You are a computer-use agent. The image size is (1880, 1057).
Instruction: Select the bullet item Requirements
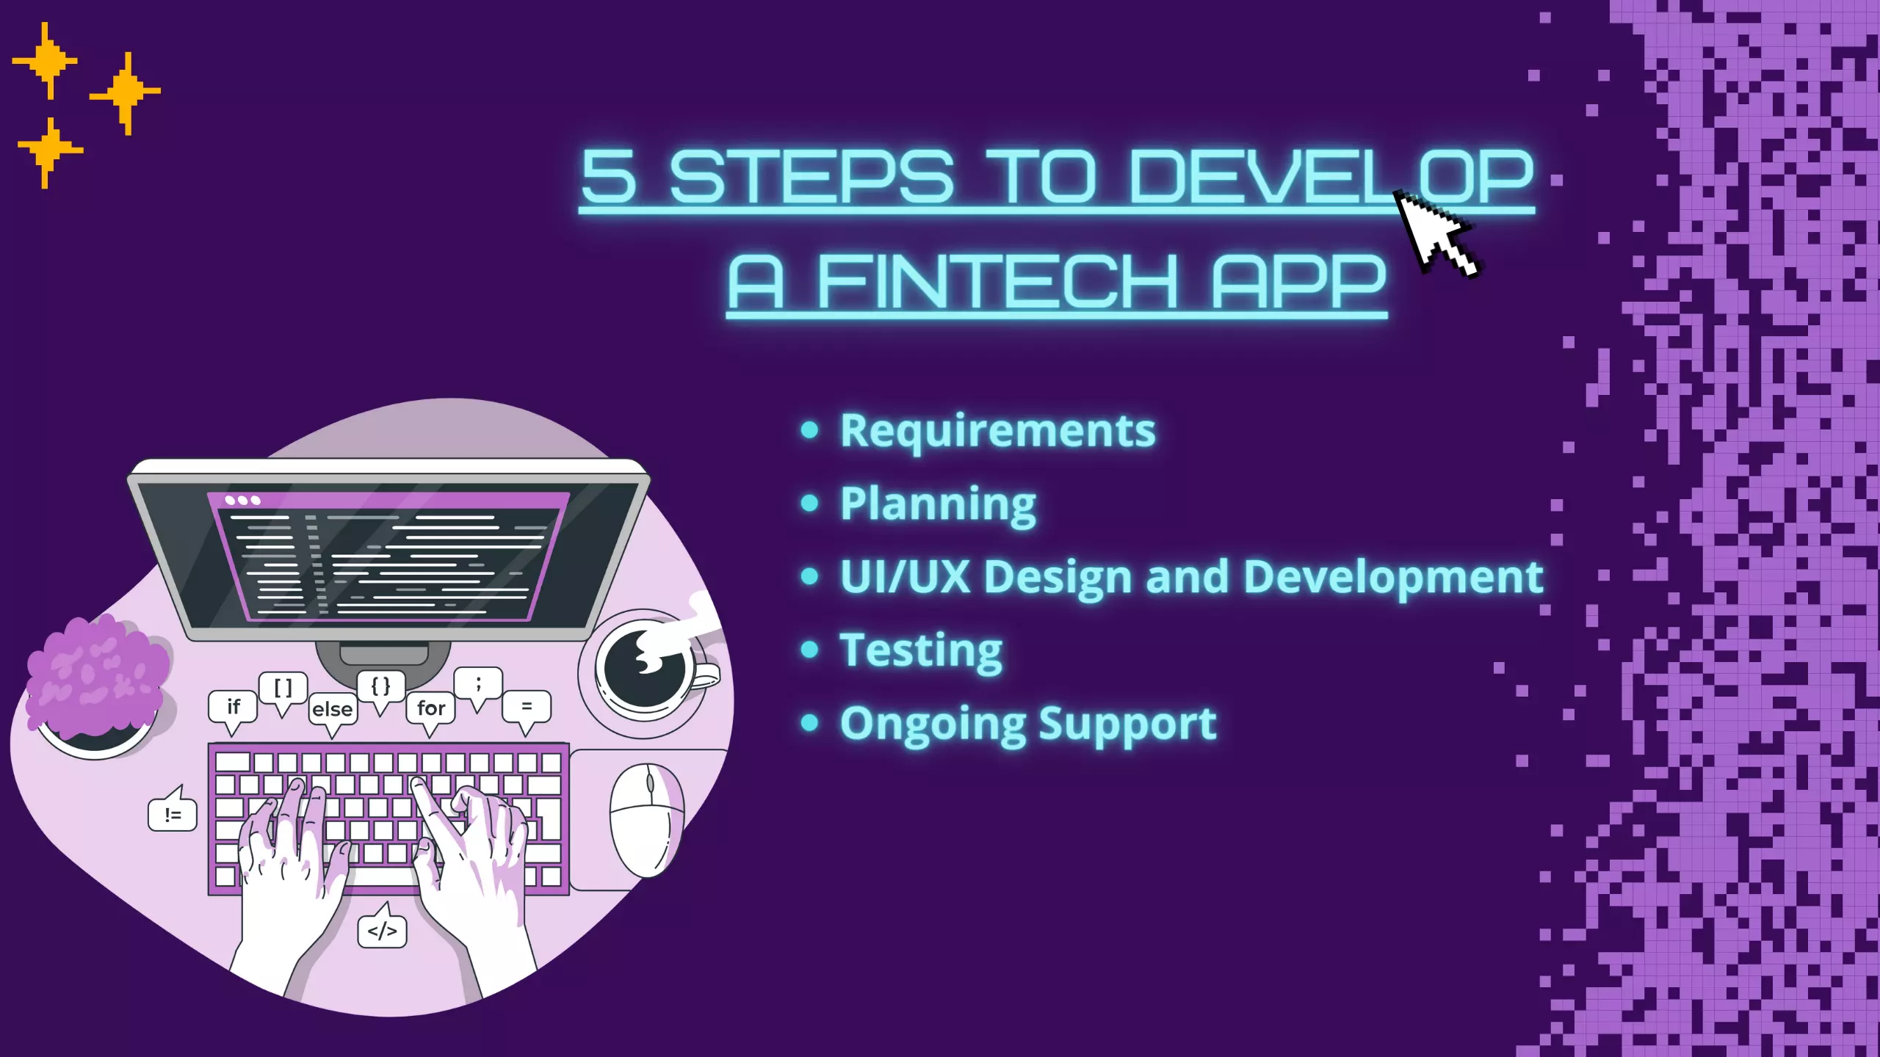coord(997,431)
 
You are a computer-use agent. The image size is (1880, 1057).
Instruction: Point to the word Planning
coord(938,504)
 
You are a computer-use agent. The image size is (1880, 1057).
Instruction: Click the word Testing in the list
coord(921,651)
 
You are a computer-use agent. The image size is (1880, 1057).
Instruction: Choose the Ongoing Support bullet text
coord(1028,724)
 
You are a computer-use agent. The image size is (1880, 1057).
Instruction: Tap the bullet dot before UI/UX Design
coord(809,577)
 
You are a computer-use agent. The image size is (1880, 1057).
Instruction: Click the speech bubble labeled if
coord(233,707)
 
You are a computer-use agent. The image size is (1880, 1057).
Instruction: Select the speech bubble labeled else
coord(333,709)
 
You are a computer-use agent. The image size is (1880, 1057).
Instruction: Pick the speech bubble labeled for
coord(431,708)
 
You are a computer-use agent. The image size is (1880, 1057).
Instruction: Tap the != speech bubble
coord(173,814)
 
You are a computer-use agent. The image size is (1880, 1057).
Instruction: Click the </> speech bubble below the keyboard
coord(382,931)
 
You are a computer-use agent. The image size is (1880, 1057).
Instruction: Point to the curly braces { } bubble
coord(380,687)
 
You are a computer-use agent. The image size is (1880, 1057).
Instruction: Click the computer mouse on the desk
coord(646,818)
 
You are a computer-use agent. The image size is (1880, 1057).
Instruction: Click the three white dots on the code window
coord(242,501)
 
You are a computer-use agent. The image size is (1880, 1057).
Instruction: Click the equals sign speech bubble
coord(527,706)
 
